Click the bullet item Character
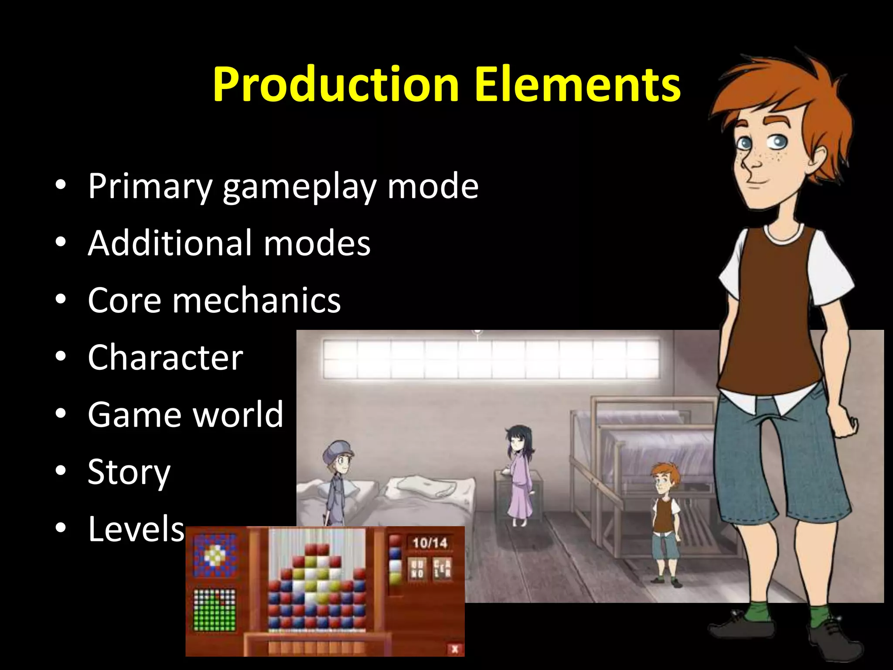[x=165, y=357]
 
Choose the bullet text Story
[x=129, y=472]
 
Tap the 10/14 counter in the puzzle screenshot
[x=430, y=543]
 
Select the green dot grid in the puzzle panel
[x=214, y=610]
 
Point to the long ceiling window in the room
[x=491, y=359]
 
